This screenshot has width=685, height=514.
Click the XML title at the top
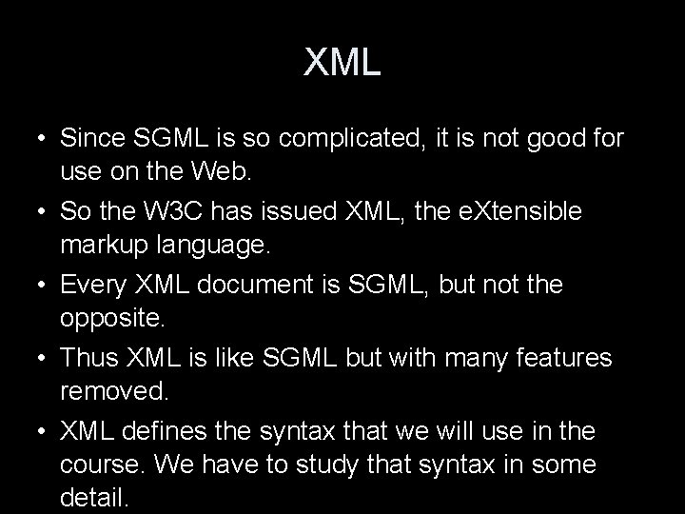342,63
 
